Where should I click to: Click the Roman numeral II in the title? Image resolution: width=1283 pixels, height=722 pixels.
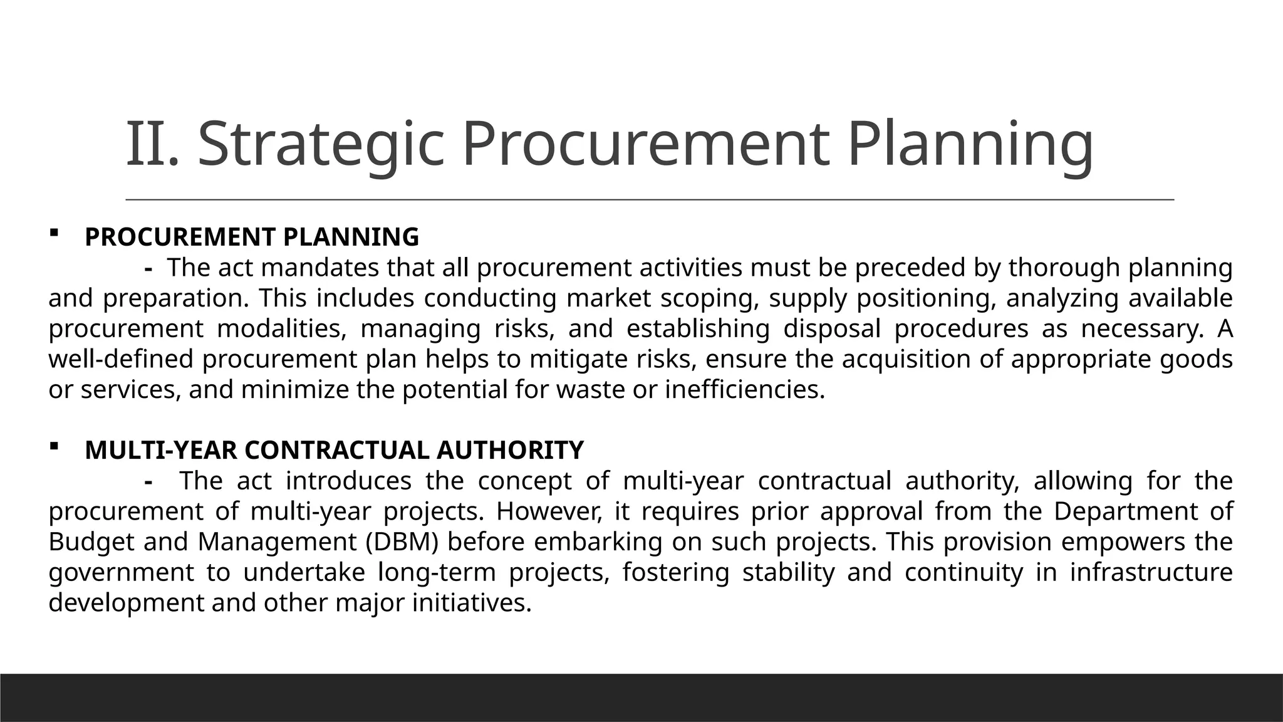tap(148, 145)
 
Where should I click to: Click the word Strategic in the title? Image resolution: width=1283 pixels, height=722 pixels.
tap(321, 145)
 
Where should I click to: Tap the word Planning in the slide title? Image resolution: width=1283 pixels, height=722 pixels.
tap(970, 145)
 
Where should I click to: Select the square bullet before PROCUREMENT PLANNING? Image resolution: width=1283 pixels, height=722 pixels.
tap(53, 234)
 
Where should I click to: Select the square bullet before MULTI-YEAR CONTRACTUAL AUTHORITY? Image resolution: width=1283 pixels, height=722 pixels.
tap(53, 446)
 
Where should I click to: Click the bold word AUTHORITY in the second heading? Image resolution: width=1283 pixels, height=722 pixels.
tap(509, 451)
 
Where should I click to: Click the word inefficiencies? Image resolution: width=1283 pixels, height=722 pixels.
tap(744, 390)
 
